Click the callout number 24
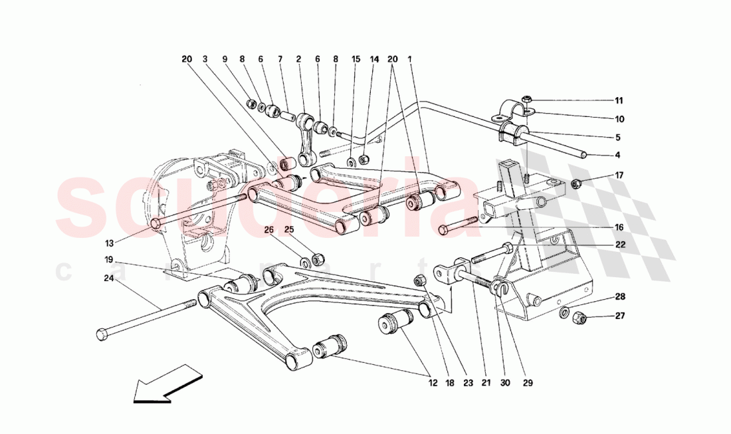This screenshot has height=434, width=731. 108,279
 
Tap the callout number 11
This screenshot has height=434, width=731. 619,101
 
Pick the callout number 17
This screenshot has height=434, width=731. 619,175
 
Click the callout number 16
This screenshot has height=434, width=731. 619,227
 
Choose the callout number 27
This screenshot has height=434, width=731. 620,316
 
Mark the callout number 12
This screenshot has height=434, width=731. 434,383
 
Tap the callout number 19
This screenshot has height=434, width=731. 108,259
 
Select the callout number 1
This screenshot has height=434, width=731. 410,58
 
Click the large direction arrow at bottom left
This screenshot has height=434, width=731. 166,383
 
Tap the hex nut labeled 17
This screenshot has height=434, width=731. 577,182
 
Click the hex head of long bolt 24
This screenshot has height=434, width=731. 101,334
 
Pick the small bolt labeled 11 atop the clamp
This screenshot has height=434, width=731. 526,100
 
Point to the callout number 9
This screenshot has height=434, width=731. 225,58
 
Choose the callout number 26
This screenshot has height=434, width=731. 268,231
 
